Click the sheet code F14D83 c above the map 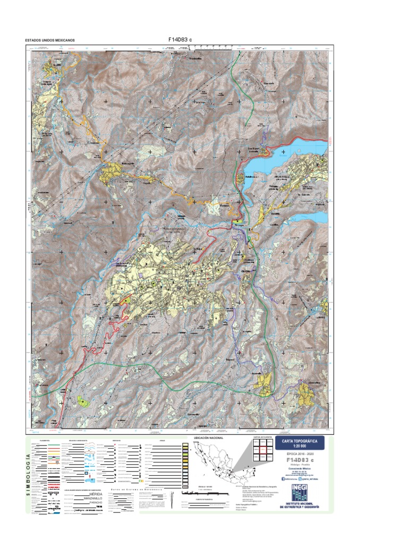pyautogui.click(x=181, y=39)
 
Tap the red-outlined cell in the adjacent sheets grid pyautogui.click(x=263, y=450)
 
